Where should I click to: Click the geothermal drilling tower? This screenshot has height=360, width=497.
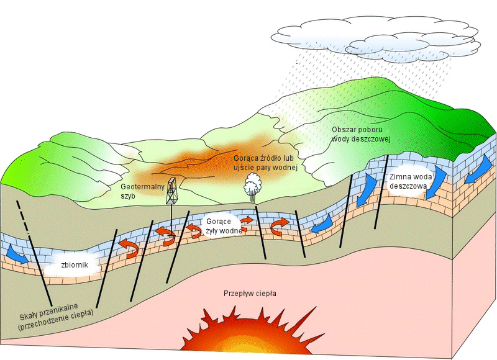pos(171,191)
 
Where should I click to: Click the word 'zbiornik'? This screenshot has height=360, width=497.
pos(75,264)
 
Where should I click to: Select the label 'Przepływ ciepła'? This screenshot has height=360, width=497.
pos(250,294)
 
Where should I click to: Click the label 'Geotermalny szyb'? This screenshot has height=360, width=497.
pos(143,191)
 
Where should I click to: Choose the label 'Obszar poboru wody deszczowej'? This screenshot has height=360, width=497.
pos(362,134)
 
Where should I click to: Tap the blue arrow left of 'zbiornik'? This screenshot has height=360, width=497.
pos(17,254)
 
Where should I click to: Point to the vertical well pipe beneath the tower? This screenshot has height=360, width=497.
pos(171,218)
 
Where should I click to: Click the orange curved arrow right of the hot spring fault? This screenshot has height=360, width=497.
pos(280,226)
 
